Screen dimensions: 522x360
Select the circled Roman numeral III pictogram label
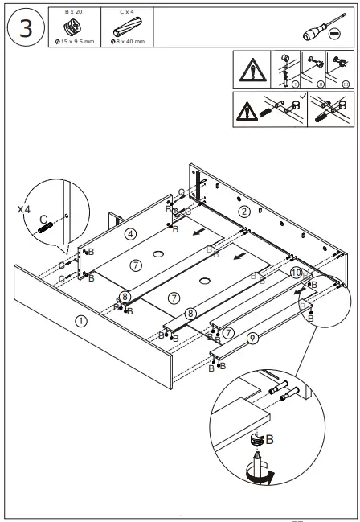point(345,83)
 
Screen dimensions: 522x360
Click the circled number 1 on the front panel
point(80,320)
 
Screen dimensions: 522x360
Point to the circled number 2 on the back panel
point(244,212)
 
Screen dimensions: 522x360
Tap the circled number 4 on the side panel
point(129,233)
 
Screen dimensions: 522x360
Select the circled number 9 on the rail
point(252,339)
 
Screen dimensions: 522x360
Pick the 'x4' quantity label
point(26,208)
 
